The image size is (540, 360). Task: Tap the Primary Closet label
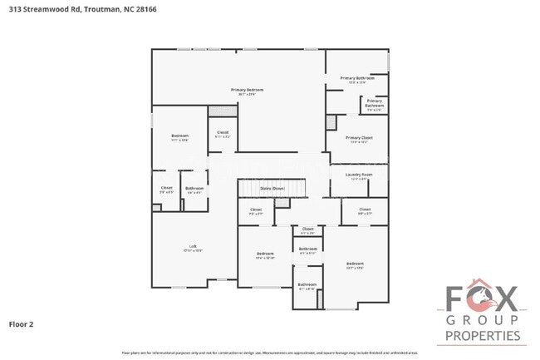tap(360, 139)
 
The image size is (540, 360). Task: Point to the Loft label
tap(193, 247)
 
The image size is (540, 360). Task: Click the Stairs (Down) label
tap(272, 188)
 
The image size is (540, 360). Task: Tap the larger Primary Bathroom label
tap(357, 79)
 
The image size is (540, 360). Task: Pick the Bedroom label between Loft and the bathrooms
tap(265, 254)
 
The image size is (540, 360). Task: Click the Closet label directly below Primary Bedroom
tap(223, 134)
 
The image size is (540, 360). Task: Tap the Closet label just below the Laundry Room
tap(365, 210)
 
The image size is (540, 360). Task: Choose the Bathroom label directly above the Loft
tap(194, 189)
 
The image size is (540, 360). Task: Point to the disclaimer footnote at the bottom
tap(270, 353)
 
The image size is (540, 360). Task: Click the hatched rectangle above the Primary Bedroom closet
tap(218, 111)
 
